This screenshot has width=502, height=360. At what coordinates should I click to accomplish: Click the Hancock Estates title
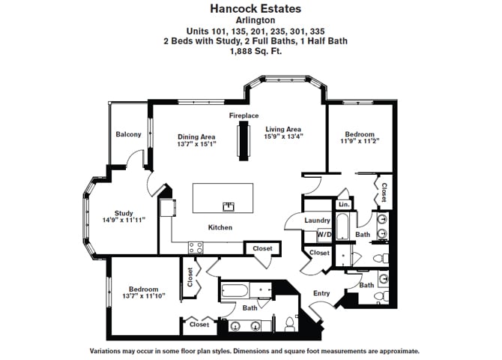(x=255, y=9)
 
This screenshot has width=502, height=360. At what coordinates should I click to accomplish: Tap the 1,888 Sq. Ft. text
(x=255, y=51)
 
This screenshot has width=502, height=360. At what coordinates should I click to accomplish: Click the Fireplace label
(x=244, y=115)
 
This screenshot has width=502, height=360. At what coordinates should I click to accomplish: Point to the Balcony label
(x=128, y=134)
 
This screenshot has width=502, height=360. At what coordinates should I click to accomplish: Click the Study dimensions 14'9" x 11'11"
(x=124, y=220)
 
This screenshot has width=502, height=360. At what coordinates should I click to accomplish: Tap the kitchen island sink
(x=229, y=206)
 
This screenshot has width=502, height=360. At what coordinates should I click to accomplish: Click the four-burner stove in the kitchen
(x=196, y=247)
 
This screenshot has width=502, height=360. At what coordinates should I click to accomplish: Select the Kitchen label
(x=220, y=227)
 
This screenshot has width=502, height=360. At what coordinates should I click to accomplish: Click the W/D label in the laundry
(x=324, y=234)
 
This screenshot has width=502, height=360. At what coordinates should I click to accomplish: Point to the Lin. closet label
(x=344, y=204)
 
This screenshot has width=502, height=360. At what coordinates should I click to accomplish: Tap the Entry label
(x=321, y=293)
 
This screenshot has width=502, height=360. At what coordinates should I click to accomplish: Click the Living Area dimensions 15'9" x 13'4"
(x=284, y=136)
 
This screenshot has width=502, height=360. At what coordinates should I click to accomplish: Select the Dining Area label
(x=196, y=137)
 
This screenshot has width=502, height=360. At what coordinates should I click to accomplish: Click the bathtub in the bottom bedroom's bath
(x=235, y=291)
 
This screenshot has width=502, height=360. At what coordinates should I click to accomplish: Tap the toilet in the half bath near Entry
(x=381, y=296)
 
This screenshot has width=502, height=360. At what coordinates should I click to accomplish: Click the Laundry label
(x=317, y=220)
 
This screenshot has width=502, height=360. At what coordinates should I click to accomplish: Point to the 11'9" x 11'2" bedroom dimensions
(x=360, y=141)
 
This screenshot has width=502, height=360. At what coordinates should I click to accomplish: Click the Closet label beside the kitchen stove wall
(x=262, y=248)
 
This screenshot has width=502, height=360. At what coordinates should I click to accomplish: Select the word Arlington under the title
(x=255, y=20)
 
